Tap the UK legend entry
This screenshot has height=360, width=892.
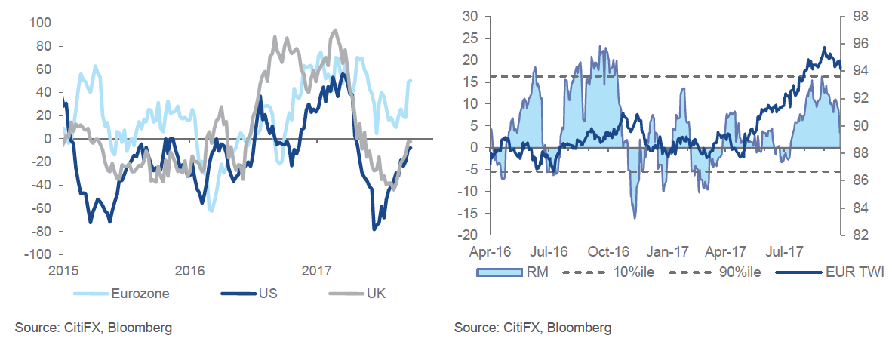pyautogui.click(x=375, y=294)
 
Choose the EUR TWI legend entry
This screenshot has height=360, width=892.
pyautogui.click(x=855, y=272)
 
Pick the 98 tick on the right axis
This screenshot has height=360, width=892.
pyautogui.click(x=859, y=16)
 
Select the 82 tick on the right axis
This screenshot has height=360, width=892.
pyautogui.click(x=859, y=235)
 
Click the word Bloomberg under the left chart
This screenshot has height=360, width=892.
pyautogui.click(x=140, y=328)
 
